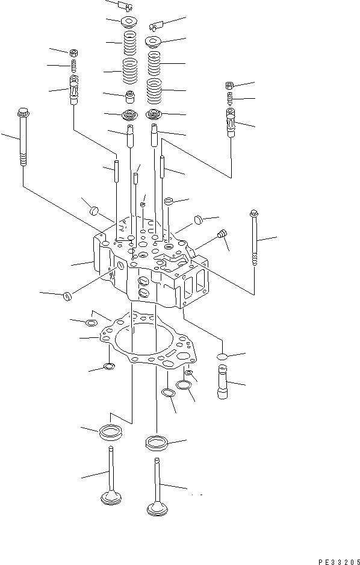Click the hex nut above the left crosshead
point(73,52)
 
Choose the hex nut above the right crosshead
point(230,85)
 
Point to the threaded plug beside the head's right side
point(222,233)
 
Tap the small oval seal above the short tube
point(221,357)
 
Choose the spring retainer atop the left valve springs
point(129,23)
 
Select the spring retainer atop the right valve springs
point(154,42)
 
